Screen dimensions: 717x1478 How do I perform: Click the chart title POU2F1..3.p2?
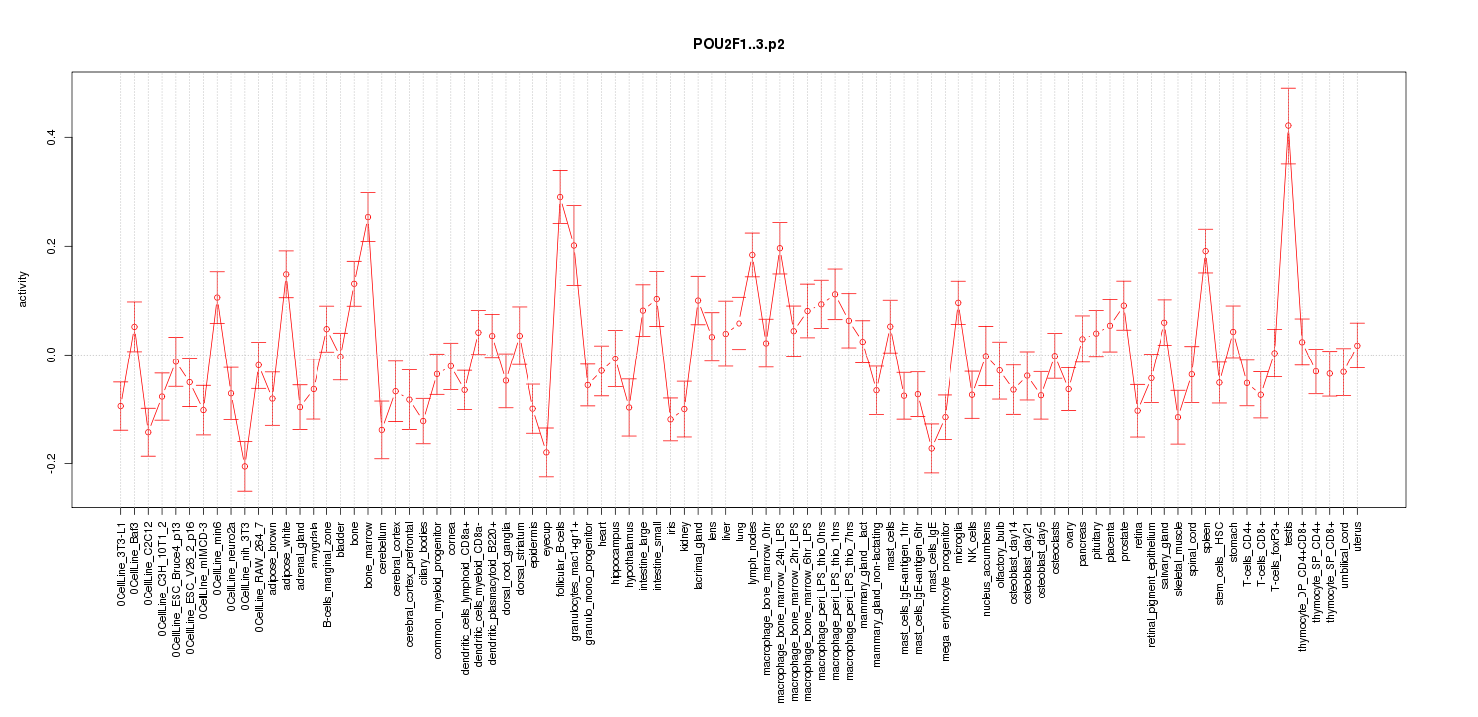click(x=739, y=45)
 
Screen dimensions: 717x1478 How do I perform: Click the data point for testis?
click(x=1288, y=125)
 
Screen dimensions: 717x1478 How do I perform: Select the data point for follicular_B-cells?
click(x=560, y=197)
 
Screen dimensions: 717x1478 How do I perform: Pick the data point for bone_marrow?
click(x=368, y=217)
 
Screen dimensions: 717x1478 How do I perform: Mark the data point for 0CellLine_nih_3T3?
click(x=245, y=466)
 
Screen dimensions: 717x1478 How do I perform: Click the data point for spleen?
click(x=1205, y=251)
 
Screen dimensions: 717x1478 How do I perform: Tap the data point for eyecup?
click(x=546, y=452)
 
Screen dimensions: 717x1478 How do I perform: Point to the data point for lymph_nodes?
click(x=752, y=255)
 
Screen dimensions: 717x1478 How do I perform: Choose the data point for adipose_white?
click(x=286, y=274)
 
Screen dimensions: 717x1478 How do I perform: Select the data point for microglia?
click(x=958, y=303)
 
